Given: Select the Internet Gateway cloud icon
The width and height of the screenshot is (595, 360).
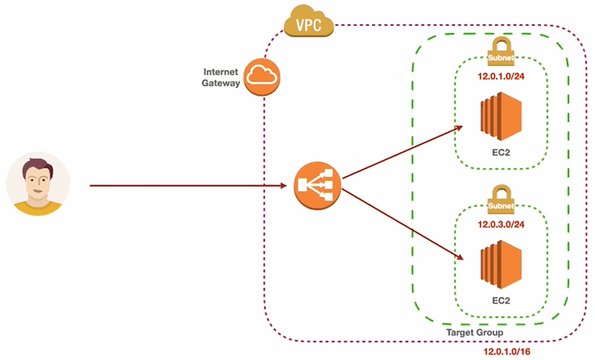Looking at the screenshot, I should (263, 77).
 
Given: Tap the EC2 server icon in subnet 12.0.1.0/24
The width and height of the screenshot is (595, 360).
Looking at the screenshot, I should (501, 119).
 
